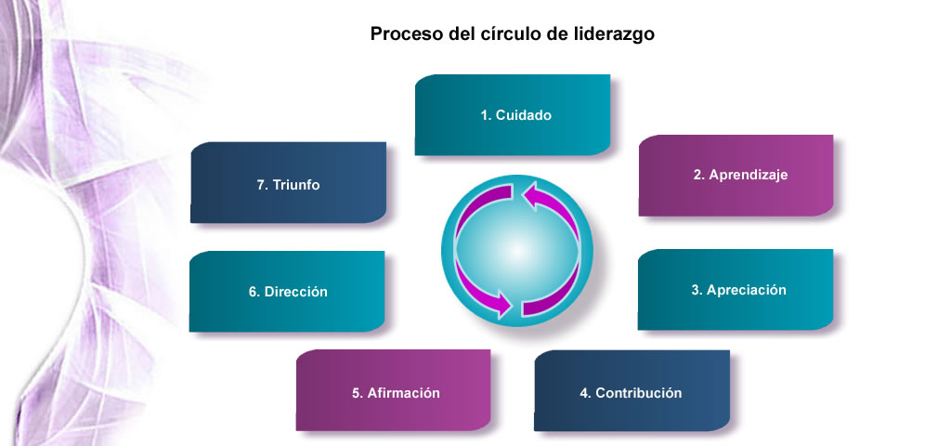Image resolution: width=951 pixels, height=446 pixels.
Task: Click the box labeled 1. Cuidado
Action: pyautogui.click(x=513, y=114)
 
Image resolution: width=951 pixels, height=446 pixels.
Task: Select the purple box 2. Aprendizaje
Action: pyautogui.click(x=736, y=176)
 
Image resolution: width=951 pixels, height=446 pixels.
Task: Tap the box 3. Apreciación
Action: pyautogui.click(x=736, y=290)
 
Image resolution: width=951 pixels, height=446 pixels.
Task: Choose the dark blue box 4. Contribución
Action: pyautogui.click(x=632, y=391)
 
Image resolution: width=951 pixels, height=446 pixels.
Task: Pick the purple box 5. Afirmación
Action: pyautogui.click(x=393, y=390)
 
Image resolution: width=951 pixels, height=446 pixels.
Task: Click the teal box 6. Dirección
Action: pyautogui.click(x=287, y=291)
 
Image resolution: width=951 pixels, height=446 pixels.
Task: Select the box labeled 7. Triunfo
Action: pyautogui.click(x=288, y=183)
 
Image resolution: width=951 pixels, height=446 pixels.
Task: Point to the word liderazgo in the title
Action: pyautogui.click(x=614, y=34)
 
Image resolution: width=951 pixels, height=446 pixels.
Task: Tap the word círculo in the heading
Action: pyautogui.click(x=506, y=33)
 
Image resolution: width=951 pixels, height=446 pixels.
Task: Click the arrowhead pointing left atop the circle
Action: pyautogui.click(x=531, y=198)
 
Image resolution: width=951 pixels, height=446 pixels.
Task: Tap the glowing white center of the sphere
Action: pyautogui.click(x=516, y=251)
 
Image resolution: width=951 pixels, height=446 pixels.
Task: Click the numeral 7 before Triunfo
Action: pyautogui.click(x=261, y=185)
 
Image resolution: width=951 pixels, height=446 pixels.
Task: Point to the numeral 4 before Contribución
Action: pyautogui.click(x=584, y=393)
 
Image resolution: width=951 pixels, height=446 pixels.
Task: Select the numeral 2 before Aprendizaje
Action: pyautogui.click(x=697, y=175)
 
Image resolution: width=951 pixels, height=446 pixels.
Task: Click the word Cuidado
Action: pyautogui.click(x=524, y=115)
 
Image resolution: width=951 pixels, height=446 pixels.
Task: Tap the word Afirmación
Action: pyautogui.click(x=403, y=393)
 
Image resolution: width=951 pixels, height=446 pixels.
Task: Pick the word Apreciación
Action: pyautogui.click(x=746, y=290)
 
